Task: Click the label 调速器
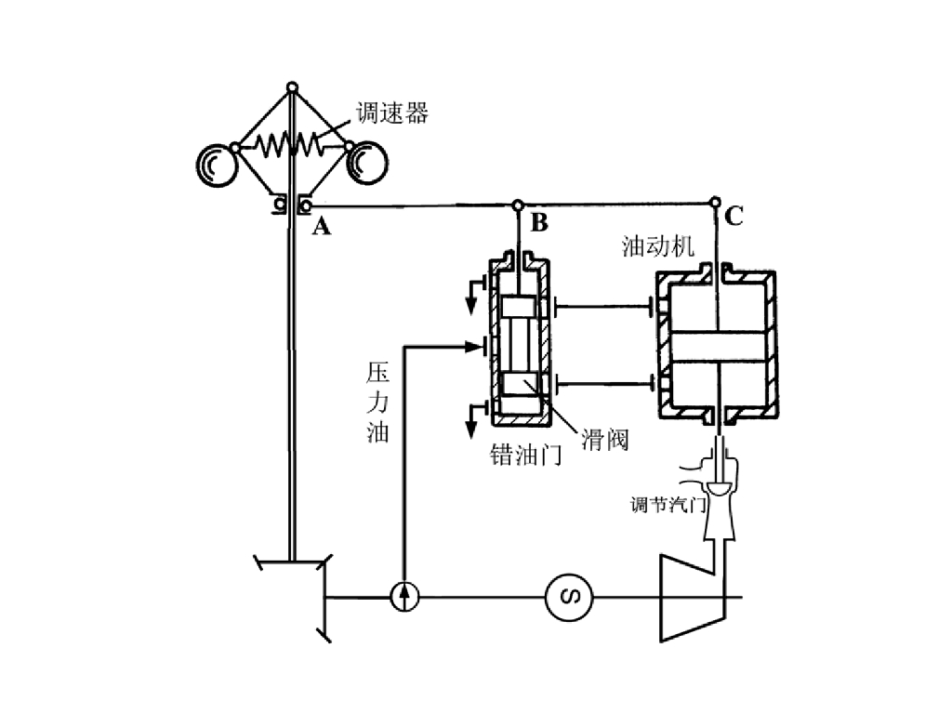[392, 112]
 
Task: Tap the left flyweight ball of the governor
[216, 165]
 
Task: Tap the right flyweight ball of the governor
[366, 163]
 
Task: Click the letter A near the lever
[321, 227]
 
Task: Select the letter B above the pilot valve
[539, 223]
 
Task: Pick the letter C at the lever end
[734, 216]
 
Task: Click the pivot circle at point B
[517, 205]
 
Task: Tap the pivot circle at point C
[715, 202]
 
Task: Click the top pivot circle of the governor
[292, 87]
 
